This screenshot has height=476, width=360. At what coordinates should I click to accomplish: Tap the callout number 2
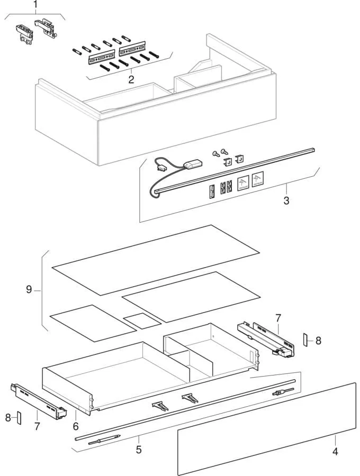click(131, 80)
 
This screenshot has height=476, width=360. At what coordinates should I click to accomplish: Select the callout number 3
click(286, 201)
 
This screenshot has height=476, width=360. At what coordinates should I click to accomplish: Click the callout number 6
click(76, 425)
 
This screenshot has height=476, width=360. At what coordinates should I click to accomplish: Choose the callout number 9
click(29, 289)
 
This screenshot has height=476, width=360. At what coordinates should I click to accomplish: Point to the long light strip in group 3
click(238, 170)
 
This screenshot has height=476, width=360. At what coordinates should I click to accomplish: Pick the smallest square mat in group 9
click(141, 319)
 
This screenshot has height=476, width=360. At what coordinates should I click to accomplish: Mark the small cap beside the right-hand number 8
click(305, 340)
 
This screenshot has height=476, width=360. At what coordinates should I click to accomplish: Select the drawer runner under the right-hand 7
click(265, 338)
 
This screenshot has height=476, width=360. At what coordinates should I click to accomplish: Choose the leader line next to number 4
click(335, 441)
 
